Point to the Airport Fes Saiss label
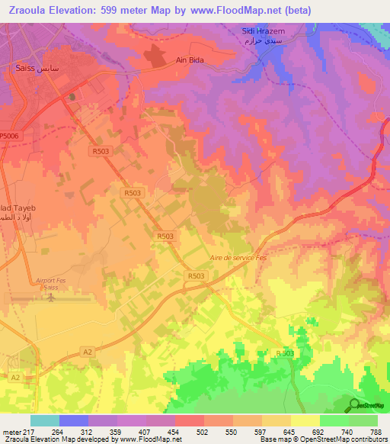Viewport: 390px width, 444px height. [x=52, y=284]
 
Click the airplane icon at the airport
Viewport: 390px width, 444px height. [x=52, y=297]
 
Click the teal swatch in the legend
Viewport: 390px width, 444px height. [x=44, y=420]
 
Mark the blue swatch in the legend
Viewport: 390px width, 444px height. [x=73, y=420]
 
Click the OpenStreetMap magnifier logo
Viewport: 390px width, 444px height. [x=353, y=405]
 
